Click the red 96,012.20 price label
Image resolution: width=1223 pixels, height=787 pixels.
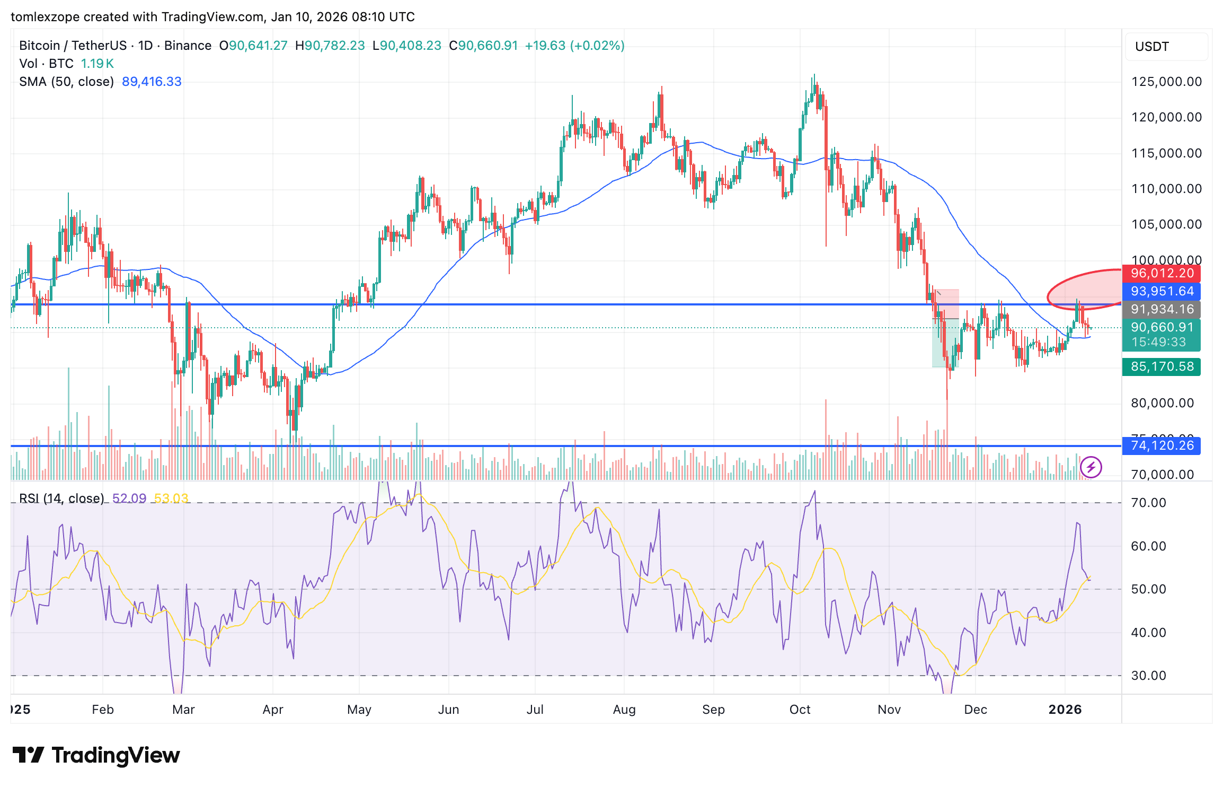pyautogui.click(x=1161, y=274)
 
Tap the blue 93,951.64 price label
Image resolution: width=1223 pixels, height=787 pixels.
pyautogui.click(x=1161, y=292)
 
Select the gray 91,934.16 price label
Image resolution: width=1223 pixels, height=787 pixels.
pyautogui.click(x=1161, y=310)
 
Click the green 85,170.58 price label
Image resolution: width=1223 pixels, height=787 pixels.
pyautogui.click(x=1161, y=367)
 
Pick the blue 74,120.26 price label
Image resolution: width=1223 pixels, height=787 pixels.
pyautogui.click(x=1161, y=446)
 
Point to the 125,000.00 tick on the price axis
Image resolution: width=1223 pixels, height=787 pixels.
pyautogui.click(x=1166, y=82)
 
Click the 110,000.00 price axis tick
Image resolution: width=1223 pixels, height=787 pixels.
pyautogui.click(x=1166, y=189)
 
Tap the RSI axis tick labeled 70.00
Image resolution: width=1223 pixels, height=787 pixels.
pyautogui.click(x=1148, y=503)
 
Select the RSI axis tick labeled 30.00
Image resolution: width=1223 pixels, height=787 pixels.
pyautogui.click(x=1148, y=676)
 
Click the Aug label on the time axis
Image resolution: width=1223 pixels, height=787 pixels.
pyautogui.click(x=624, y=710)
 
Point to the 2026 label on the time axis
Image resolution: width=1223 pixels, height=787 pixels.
pyautogui.click(x=1065, y=710)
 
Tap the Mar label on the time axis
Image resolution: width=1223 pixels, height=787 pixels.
pyautogui.click(x=183, y=710)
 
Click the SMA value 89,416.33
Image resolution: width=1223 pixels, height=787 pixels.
pyautogui.click(x=152, y=82)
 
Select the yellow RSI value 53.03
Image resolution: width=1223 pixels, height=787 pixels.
pyautogui.click(x=171, y=499)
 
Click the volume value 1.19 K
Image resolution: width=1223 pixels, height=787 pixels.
pyautogui.click(x=97, y=64)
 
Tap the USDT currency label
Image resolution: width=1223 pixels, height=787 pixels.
pyautogui.click(x=1151, y=47)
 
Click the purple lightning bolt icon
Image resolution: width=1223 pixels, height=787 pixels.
pyautogui.click(x=1091, y=468)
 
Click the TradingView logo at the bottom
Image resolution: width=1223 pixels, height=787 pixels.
pyautogui.click(x=96, y=755)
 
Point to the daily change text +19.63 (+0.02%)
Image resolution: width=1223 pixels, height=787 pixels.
pyautogui.click(x=574, y=46)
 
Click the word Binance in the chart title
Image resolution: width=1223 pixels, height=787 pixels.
pyautogui.click(x=188, y=46)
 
